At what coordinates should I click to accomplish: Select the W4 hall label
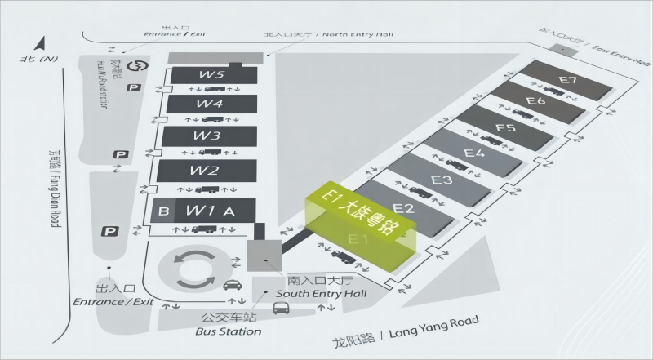211,104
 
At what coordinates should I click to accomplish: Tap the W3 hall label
211,136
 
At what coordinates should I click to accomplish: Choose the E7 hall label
568,80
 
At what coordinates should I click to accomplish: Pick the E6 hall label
535,101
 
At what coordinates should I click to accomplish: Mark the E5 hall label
505,128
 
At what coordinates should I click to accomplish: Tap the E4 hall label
474,153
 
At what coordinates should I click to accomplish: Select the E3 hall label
442,180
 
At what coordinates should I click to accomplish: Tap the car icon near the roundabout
231,285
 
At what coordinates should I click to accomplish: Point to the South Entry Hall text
321,294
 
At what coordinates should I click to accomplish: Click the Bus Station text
230,331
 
